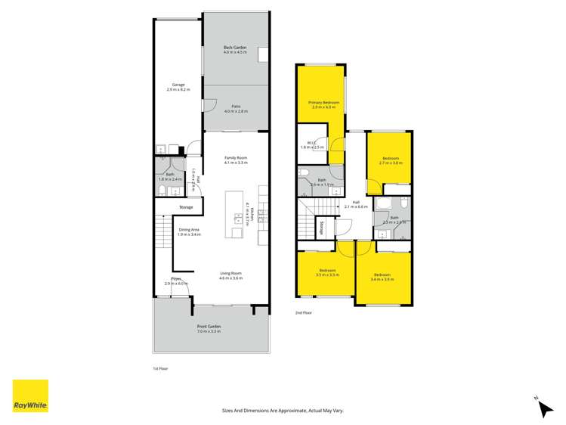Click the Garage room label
(x=178, y=87)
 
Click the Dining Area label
(x=189, y=231)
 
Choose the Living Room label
(x=230, y=275)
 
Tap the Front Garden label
(x=209, y=329)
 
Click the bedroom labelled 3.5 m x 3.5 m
(x=327, y=272)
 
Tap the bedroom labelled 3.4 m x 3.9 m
(x=382, y=277)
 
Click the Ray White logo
(x=30, y=396)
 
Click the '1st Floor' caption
(x=160, y=369)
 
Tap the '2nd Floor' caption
(x=304, y=312)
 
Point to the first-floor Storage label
(x=186, y=207)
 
